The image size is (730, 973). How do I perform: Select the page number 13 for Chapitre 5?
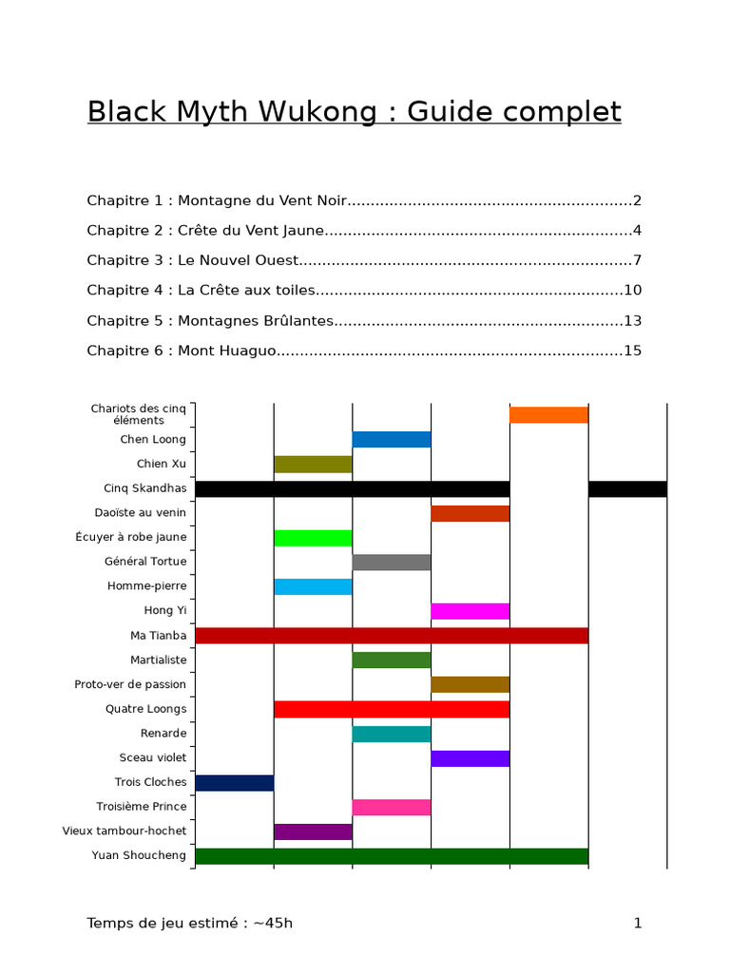[x=633, y=320]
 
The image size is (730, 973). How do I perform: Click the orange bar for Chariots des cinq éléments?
[x=548, y=415]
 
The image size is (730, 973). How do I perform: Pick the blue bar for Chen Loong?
[x=392, y=440]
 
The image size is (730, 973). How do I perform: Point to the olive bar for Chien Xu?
[x=313, y=465]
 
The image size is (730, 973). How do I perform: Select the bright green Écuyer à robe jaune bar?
[x=313, y=538]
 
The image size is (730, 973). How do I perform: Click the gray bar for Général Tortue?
[x=392, y=563]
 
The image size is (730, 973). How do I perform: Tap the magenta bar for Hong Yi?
[x=471, y=611]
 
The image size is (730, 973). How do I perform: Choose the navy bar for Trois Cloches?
[x=234, y=783]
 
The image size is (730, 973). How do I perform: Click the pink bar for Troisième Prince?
[x=392, y=808]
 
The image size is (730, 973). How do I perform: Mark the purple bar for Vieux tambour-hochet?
[x=313, y=832]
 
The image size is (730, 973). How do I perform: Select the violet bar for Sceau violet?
[x=471, y=758]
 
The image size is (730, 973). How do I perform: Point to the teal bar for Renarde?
[x=392, y=734]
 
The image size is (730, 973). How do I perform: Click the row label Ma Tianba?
[x=159, y=636]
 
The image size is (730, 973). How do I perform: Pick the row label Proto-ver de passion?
[x=130, y=684]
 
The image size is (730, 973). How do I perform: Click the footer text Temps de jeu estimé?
[x=166, y=923]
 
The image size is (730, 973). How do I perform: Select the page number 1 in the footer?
[x=638, y=923]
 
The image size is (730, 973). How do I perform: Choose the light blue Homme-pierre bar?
[x=313, y=587]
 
